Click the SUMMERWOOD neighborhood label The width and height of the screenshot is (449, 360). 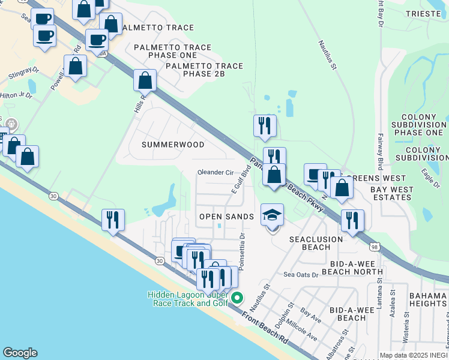tap(173, 145)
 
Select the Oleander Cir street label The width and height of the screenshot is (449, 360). tap(215, 173)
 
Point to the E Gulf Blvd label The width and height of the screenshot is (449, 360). tap(241, 178)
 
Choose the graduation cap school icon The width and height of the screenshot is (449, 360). tap(272, 215)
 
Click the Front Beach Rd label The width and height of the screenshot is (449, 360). tap(265, 327)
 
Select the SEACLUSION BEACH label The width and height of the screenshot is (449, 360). tap(316, 243)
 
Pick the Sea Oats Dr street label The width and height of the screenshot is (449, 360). tap(301, 275)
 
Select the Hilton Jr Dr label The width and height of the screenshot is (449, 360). tap(16, 95)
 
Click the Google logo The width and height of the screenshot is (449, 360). tap(20, 353)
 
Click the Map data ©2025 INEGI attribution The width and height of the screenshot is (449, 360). tap(414, 355)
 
